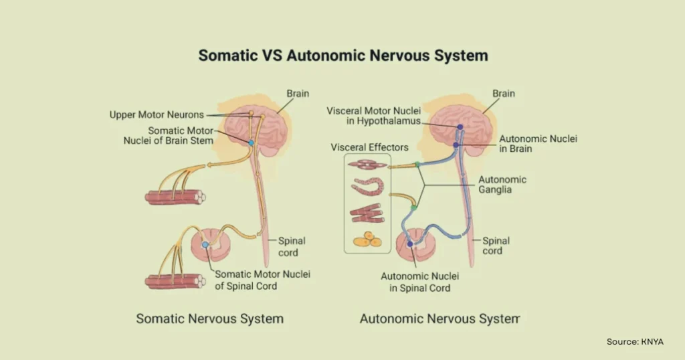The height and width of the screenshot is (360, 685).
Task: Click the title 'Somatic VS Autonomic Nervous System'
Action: (342, 56)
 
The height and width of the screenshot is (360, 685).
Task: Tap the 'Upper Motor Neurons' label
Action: (157, 115)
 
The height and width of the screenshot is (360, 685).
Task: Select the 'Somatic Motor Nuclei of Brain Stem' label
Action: (181, 136)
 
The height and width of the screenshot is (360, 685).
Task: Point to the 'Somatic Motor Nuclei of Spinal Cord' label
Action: (262, 280)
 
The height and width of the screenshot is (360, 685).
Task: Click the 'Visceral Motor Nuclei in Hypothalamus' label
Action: (373, 115)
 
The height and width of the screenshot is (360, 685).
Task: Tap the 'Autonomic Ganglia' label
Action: (502, 185)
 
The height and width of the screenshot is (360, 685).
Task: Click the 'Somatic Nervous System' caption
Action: (209, 319)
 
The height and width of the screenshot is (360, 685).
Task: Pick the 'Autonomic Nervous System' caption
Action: (439, 319)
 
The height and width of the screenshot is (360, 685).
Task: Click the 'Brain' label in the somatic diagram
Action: (298, 94)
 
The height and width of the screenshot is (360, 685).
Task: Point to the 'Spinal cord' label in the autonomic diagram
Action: (496, 246)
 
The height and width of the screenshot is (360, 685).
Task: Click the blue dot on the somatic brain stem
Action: (251, 143)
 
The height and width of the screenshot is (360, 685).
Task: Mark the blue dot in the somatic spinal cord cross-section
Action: (206, 246)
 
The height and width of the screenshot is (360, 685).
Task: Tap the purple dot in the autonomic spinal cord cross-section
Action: (410, 244)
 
